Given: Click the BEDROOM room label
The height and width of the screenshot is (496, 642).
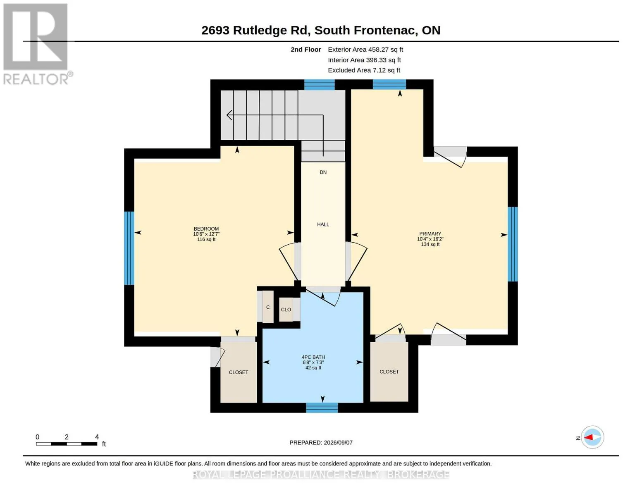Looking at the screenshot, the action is [206, 229].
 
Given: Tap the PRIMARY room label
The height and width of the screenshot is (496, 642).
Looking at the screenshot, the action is [430, 234].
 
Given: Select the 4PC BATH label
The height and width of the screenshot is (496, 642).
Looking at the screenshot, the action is [313, 357].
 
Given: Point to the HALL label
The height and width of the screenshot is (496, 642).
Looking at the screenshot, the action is [323, 224].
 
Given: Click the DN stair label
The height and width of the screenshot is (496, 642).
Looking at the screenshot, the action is [323, 172].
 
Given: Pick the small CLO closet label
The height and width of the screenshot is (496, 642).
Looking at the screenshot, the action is [286, 310].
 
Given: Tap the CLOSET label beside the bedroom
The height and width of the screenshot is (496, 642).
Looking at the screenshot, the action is [239, 372].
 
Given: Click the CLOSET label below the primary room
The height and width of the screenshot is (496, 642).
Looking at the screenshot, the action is [389, 372].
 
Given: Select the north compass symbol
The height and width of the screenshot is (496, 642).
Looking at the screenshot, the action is [592, 437].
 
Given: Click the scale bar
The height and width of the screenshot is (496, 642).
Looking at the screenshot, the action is [67, 444].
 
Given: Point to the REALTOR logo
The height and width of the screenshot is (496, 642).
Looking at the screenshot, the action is [37, 44].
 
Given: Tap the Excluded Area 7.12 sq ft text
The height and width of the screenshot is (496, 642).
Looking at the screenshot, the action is [364, 70].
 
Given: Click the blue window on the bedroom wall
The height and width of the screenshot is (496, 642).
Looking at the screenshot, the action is [129, 248].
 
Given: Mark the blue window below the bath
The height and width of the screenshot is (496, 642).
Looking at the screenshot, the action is [322, 408].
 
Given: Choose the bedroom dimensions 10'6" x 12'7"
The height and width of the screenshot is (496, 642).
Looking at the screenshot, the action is [206, 234].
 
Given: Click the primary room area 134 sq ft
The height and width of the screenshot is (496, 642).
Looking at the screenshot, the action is [430, 244].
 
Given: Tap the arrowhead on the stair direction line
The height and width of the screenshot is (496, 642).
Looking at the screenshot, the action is [229, 115].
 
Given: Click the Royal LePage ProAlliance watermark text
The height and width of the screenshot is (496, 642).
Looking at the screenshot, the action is [321, 475].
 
